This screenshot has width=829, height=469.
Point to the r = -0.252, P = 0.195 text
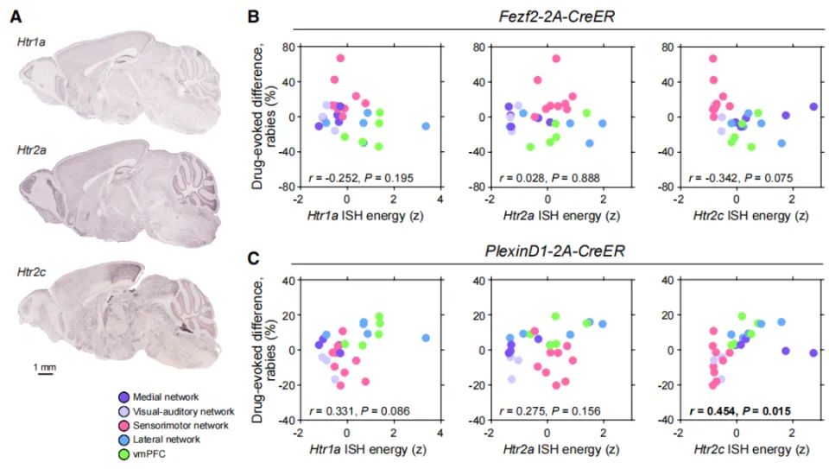pyautogui.click(x=361, y=178)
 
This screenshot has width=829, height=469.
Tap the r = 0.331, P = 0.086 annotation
pyautogui.click(x=361, y=410)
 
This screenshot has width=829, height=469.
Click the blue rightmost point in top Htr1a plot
pyautogui.click(x=426, y=126)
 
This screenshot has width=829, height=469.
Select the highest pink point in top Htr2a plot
pyautogui.click(x=556, y=59)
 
